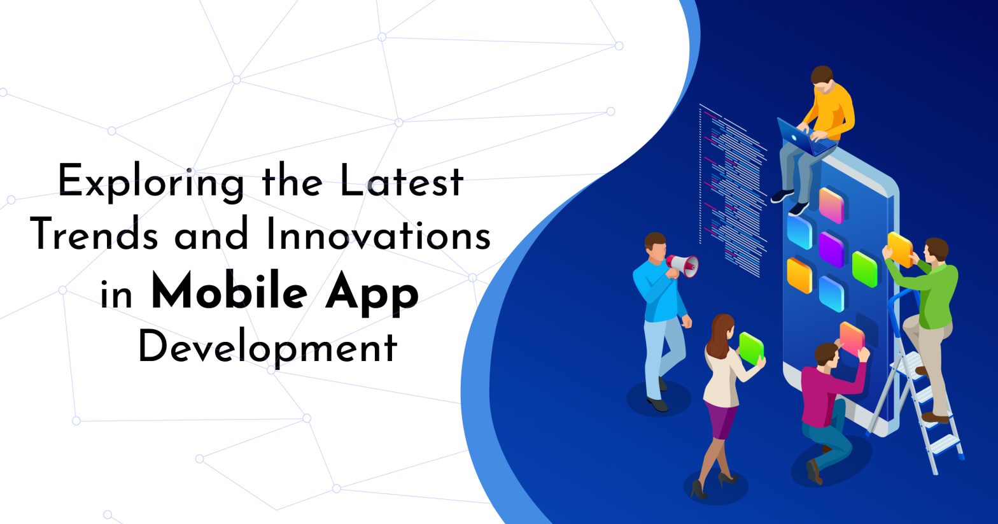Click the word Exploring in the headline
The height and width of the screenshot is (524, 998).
click(151, 182)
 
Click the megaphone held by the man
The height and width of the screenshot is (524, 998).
click(682, 265)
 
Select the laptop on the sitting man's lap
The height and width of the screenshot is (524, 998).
click(803, 138)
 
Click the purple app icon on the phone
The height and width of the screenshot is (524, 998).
click(831, 248)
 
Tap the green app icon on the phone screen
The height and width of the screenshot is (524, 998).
click(864, 268)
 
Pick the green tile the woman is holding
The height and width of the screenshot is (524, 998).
click(751, 348)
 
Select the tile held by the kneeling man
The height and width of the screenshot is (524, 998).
click(852, 337)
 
